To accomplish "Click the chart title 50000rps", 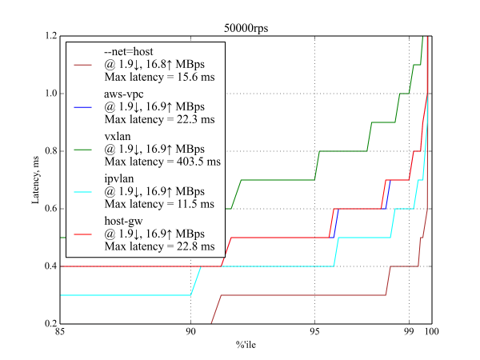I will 246,28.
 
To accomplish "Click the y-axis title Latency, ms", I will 36,181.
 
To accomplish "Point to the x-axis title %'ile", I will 246,346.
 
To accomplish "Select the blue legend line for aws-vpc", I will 86,106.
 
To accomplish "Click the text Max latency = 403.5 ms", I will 162,162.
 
